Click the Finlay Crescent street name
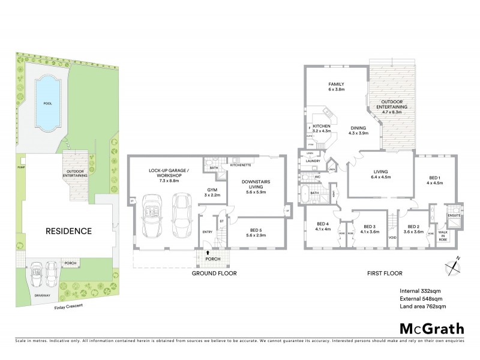(x=66, y=306)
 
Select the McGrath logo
(x=431, y=328)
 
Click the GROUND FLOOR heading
(x=214, y=273)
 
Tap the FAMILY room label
(x=336, y=86)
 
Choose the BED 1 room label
(x=435, y=180)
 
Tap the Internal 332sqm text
(x=422, y=291)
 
